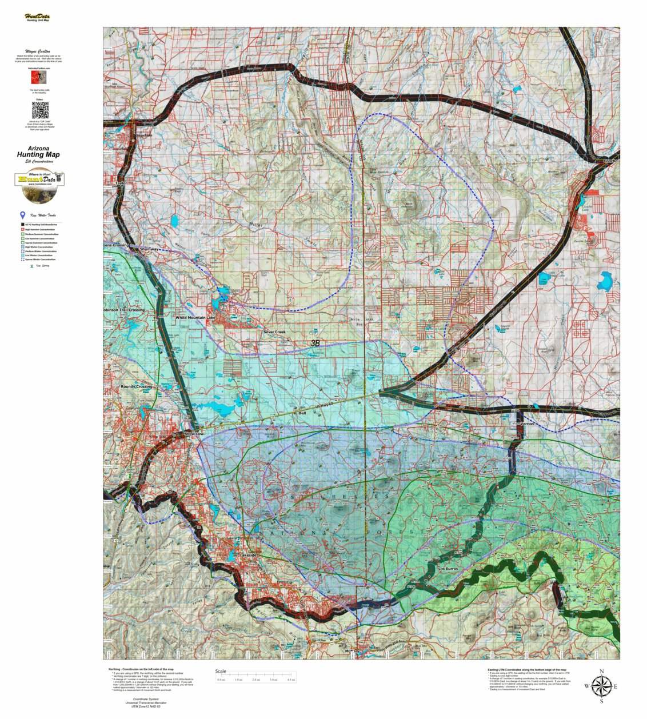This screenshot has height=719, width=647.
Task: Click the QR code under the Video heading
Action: tap(39, 110)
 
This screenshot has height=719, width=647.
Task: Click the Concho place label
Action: tap(611, 161)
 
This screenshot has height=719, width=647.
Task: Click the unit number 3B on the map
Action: tap(315, 343)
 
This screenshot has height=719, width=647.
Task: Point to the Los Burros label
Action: tap(449, 569)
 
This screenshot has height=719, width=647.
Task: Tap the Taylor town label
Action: tap(120, 183)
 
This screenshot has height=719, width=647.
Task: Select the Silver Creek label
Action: tap(274, 331)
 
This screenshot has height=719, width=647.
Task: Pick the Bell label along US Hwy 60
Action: tap(302, 413)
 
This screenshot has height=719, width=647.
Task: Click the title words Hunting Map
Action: tap(38, 155)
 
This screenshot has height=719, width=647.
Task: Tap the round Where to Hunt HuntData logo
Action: tap(39, 187)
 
